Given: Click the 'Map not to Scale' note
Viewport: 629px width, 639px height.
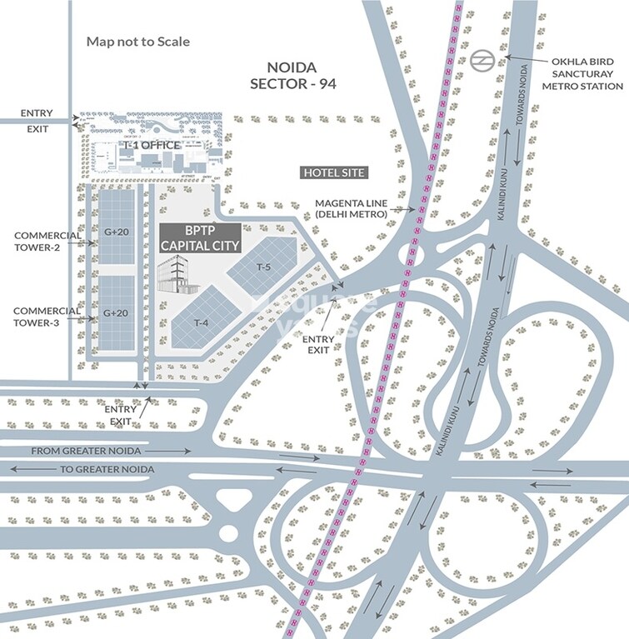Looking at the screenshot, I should (138, 41).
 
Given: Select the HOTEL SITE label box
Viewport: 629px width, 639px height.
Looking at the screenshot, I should (333, 172).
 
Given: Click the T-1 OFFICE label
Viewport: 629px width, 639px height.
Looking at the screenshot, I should (152, 146).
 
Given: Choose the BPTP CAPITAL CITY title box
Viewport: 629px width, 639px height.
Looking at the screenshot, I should (200, 238).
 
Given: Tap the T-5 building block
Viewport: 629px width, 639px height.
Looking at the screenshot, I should (264, 267).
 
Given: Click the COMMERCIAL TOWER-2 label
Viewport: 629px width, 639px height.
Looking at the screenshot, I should (47, 241).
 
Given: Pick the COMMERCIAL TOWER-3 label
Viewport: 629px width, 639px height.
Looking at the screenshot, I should (47, 317).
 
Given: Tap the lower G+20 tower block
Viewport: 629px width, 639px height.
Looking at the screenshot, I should (116, 313).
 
